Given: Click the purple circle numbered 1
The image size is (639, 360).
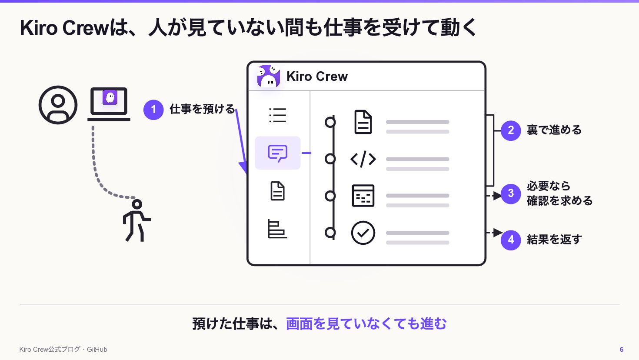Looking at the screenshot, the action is [x=153, y=110].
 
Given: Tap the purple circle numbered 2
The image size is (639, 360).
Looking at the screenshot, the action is [x=511, y=130].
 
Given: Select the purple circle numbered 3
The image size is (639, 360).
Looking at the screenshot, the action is [x=511, y=193].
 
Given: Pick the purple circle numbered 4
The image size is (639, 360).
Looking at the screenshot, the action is [x=511, y=240].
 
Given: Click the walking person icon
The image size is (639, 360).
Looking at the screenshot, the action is [x=136, y=220].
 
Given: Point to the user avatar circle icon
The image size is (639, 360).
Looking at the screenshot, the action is [x=58, y=105].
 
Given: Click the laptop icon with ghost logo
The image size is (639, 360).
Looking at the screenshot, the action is [x=109, y=104].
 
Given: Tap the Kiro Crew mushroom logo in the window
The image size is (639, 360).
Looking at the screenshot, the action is [x=269, y=76].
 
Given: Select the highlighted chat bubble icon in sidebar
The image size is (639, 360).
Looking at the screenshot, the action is [x=278, y=153].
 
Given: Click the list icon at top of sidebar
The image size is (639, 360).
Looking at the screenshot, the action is [x=278, y=115].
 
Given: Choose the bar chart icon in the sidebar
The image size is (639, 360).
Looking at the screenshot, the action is [x=277, y=229].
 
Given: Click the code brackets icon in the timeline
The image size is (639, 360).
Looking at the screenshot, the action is [x=363, y=159].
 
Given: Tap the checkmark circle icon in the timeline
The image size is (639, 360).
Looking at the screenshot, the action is [x=363, y=233].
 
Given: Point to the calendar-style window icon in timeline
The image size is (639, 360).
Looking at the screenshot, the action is [x=363, y=196].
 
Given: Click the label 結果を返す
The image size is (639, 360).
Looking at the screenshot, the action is [x=554, y=240].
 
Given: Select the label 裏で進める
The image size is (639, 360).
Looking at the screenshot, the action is [x=554, y=130].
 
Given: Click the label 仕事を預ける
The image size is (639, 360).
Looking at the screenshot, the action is [x=202, y=109].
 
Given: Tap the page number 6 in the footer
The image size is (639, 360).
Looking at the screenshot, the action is [x=622, y=350].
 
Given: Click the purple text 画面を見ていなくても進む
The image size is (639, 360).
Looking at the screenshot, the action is [x=366, y=324].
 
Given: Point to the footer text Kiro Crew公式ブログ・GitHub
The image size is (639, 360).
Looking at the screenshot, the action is [x=63, y=350].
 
